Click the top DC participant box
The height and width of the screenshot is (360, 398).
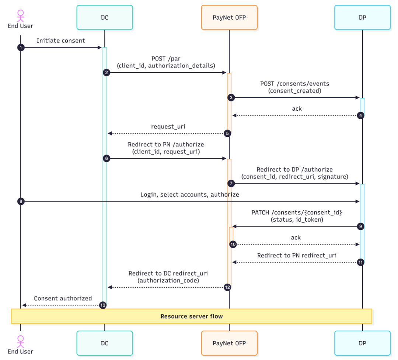[x=104, y=17]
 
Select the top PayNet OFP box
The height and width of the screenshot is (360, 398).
[x=229, y=17]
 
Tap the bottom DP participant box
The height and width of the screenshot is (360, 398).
[x=362, y=343]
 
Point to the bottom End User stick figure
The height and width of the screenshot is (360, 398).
[x=21, y=341]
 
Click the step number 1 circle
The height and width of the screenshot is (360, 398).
[x=21, y=48]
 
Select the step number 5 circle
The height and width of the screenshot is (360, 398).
[x=228, y=133]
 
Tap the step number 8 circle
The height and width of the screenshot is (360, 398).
[x=21, y=201]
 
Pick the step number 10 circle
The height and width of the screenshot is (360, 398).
[x=233, y=244]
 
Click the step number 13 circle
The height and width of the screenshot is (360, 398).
[x=103, y=305]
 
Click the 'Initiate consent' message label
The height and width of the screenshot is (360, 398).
[x=61, y=41]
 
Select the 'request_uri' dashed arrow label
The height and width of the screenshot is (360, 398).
[x=168, y=127]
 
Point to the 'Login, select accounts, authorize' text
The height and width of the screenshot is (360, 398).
[x=189, y=194]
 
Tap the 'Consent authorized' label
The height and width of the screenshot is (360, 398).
[x=63, y=298]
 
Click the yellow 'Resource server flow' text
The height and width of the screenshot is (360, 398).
[x=191, y=316]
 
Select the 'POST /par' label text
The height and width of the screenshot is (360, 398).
[x=166, y=59]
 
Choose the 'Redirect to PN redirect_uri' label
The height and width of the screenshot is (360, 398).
[x=297, y=255]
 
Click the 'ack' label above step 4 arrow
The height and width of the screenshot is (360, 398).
[x=297, y=108]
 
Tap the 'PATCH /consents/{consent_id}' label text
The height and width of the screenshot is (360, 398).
[x=297, y=212]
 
